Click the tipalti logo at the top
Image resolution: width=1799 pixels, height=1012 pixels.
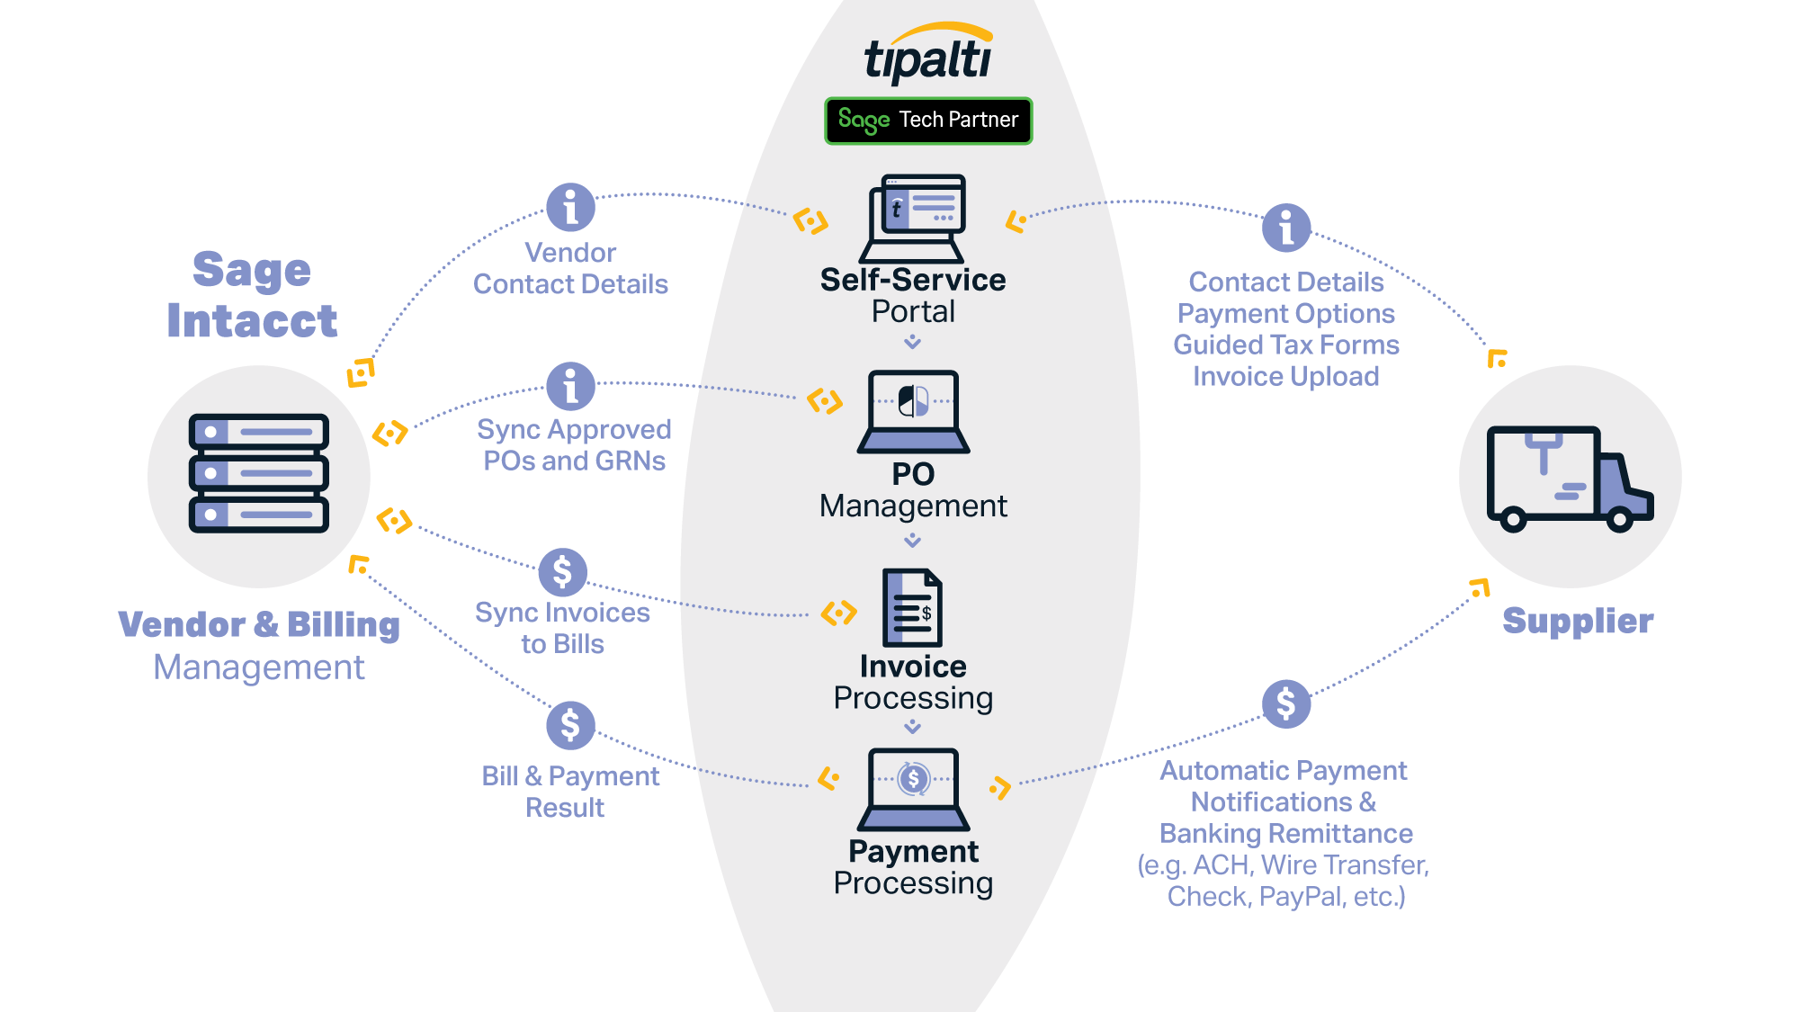(x=928, y=56)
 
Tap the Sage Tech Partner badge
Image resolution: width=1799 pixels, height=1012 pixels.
(x=928, y=121)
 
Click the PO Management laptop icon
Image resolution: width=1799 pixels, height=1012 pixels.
(x=913, y=410)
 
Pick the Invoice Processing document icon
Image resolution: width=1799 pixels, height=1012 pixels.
(x=912, y=607)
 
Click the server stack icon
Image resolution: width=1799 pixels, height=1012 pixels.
(x=259, y=473)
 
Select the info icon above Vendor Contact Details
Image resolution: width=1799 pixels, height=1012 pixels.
(x=570, y=208)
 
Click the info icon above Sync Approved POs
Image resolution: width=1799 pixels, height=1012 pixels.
(x=570, y=387)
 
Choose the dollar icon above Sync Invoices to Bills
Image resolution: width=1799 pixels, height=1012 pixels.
(x=562, y=572)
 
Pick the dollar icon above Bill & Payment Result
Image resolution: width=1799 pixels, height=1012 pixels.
(x=570, y=725)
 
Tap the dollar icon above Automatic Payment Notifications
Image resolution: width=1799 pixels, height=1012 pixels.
(x=1286, y=703)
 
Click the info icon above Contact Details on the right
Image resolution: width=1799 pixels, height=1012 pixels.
(x=1286, y=228)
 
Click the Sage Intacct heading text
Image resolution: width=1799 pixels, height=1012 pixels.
(x=252, y=295)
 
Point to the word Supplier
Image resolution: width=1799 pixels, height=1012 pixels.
(x=1578, y=621)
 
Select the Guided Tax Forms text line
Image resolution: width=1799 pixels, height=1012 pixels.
(x=1286, y=345)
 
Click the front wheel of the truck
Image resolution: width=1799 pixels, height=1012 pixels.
(x=1619, y=519)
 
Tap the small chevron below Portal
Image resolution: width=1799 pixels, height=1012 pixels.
(x=912, y=342)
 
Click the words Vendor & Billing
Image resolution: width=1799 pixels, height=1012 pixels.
(x=259, y=624)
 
